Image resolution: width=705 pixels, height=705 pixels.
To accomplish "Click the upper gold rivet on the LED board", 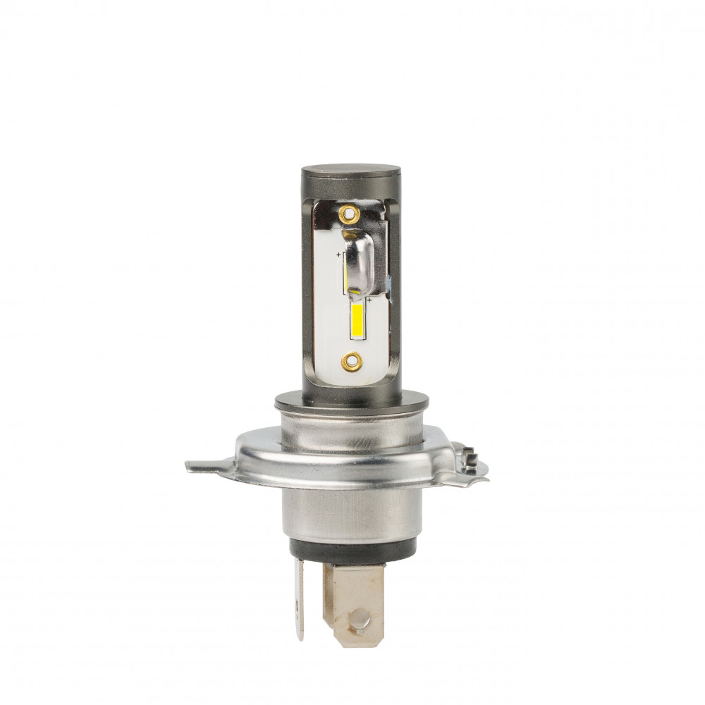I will point(348,214).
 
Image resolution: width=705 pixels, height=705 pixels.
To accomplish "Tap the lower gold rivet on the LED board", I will point(351,362).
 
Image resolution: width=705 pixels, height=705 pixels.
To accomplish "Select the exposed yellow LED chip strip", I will point(357,319).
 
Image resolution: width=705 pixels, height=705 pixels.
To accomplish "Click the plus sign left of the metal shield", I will point(339,255).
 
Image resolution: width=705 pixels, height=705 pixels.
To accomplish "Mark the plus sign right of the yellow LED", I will point(369,300).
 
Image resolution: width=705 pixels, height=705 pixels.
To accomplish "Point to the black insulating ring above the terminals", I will point(352,551).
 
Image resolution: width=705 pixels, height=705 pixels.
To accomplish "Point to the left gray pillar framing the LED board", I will point(308,296).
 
